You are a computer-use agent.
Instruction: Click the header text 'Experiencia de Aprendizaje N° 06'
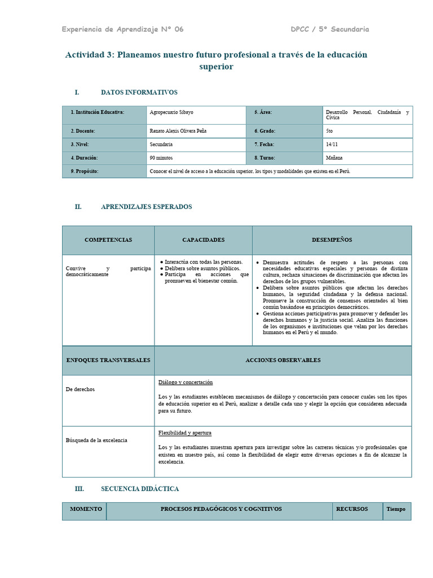(122, 29)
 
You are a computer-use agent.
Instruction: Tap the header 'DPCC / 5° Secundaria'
(330, 29)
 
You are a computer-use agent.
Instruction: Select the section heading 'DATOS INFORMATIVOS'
(139, 92)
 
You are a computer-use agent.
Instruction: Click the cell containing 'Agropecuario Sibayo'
(171, 112)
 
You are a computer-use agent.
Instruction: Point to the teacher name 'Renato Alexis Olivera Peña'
(178, 130)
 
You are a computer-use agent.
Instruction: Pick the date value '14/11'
(332, 144)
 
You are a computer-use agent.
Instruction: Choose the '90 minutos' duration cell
(161, 158)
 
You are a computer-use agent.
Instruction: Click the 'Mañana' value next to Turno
(334, 158)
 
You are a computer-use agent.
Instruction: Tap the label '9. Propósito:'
(85, 171)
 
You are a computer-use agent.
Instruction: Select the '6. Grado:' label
(264, 130)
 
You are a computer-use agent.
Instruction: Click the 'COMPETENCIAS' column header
(108, 240)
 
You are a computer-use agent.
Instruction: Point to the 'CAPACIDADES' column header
(203, 240)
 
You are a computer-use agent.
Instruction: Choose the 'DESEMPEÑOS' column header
(332, 240)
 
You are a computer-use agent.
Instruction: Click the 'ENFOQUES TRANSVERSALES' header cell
(108, 360)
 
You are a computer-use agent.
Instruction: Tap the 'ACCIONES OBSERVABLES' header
(282, 360)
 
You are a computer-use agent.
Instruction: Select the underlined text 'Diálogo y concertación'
(185, 383)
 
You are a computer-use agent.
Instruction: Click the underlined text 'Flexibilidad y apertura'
(185, 433)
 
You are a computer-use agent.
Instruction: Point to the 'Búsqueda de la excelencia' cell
(96, 440)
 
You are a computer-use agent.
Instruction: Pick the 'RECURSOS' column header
(352, 509)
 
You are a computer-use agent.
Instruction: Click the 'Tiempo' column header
(396, 509)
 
